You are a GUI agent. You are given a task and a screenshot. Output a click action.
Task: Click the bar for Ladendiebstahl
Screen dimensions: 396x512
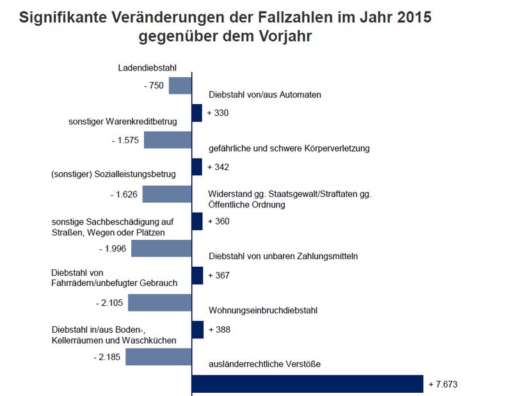180,85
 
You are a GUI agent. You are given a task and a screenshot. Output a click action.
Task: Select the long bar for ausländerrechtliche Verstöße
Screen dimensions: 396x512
307,383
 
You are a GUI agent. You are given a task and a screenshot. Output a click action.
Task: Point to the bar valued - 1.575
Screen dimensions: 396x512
168,140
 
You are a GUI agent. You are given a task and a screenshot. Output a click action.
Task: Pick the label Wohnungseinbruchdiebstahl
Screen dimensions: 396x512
263,310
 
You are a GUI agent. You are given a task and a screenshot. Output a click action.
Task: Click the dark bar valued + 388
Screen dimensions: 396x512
197,329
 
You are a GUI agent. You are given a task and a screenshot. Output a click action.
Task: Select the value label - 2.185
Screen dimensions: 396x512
106,356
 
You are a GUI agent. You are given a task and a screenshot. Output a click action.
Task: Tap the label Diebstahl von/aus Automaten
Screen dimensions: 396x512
264,95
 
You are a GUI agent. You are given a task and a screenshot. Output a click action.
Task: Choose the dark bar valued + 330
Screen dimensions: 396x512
197,113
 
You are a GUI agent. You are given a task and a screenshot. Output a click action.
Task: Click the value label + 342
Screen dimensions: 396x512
218,167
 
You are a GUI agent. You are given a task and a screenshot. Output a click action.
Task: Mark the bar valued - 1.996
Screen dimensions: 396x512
161,248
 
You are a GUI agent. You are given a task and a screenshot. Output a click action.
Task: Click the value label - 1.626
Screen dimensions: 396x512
124,194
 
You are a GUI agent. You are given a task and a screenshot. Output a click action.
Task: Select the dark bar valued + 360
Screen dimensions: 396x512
197,221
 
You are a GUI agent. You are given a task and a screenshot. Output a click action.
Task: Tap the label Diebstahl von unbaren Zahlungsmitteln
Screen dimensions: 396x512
283,256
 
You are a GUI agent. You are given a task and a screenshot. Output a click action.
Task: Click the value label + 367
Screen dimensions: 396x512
218,276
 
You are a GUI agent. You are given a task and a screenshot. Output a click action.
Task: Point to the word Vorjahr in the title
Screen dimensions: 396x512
280,36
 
